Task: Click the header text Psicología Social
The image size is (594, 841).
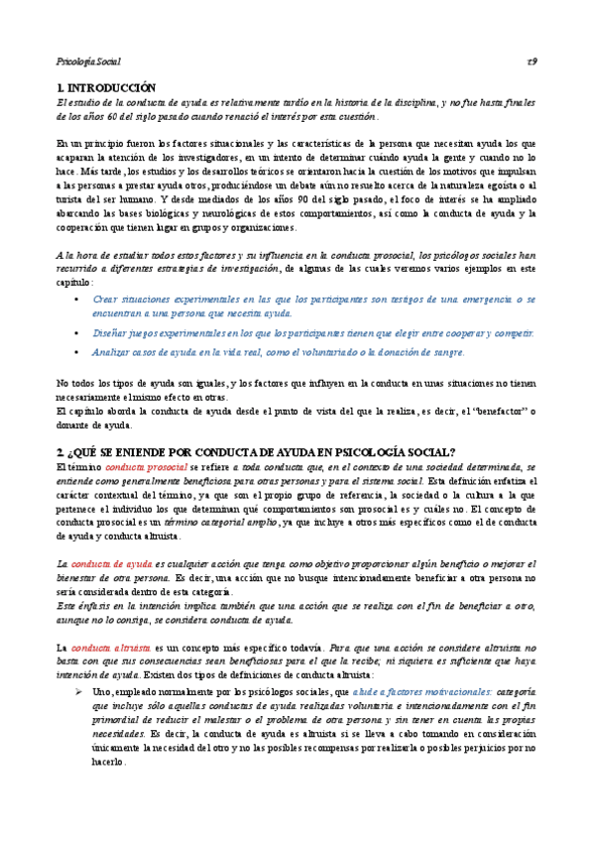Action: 87,61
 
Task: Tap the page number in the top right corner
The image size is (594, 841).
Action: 532,61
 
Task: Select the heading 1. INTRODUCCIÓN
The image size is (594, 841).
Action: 108,88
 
